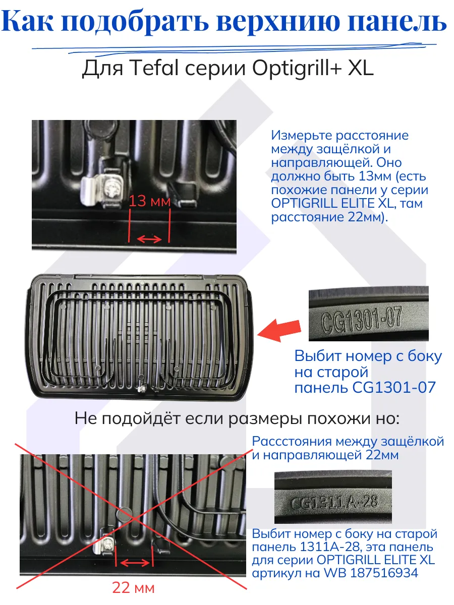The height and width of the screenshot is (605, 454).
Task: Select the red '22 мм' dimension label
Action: tap(133, 587)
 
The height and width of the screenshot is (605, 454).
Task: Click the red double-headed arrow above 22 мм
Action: tap(133, 563)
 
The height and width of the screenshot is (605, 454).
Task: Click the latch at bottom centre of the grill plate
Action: tap(142, 388)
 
